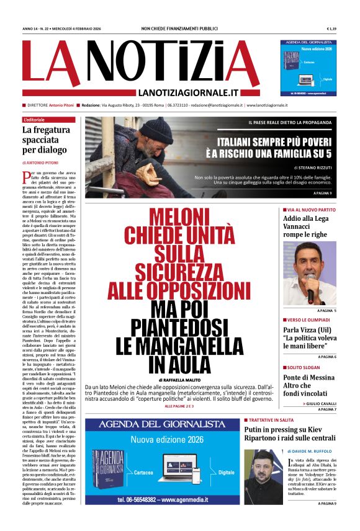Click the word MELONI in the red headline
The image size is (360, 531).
(180, 218)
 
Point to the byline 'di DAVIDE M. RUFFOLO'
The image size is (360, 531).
(305, 451)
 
